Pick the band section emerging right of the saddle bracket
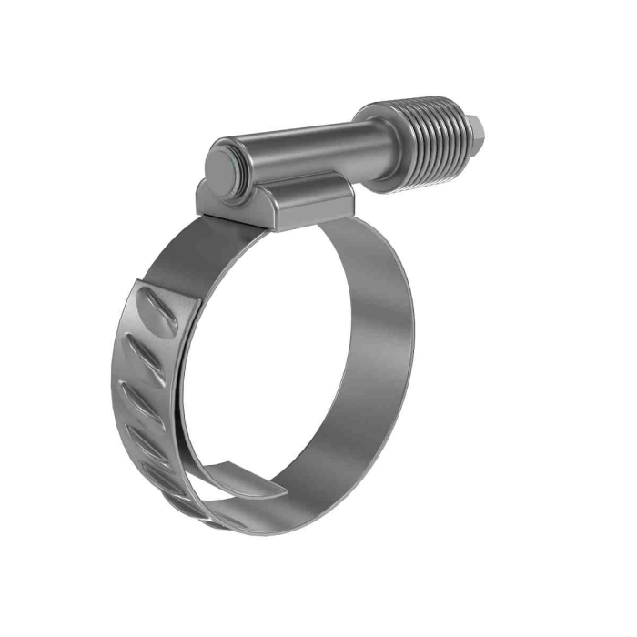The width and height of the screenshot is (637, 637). click(x=364, y=227)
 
